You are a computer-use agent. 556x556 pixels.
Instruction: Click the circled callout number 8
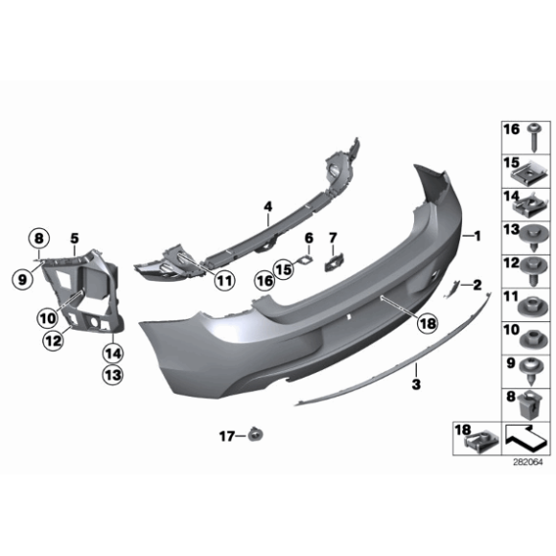pos(39,238)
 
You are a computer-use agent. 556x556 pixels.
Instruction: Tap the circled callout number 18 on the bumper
pos(427,325)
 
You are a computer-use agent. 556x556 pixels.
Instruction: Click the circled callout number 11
pos(223,281)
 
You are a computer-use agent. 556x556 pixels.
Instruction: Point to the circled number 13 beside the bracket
pos(113,375)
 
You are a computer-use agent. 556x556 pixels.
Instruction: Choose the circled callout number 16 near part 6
pos(265,279)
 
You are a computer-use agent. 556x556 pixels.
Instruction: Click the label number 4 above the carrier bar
pos(268,205)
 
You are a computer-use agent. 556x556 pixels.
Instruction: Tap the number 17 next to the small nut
pos(226,436)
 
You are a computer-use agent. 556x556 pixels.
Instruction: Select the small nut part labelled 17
pos(255,436)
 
